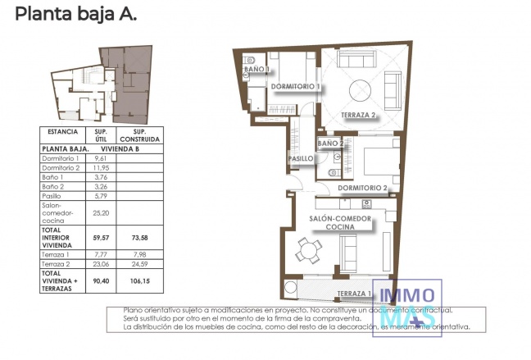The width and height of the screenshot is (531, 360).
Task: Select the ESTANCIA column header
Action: (x=62, y=131)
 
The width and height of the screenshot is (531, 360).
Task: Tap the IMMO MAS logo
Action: (x=408, y=307)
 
